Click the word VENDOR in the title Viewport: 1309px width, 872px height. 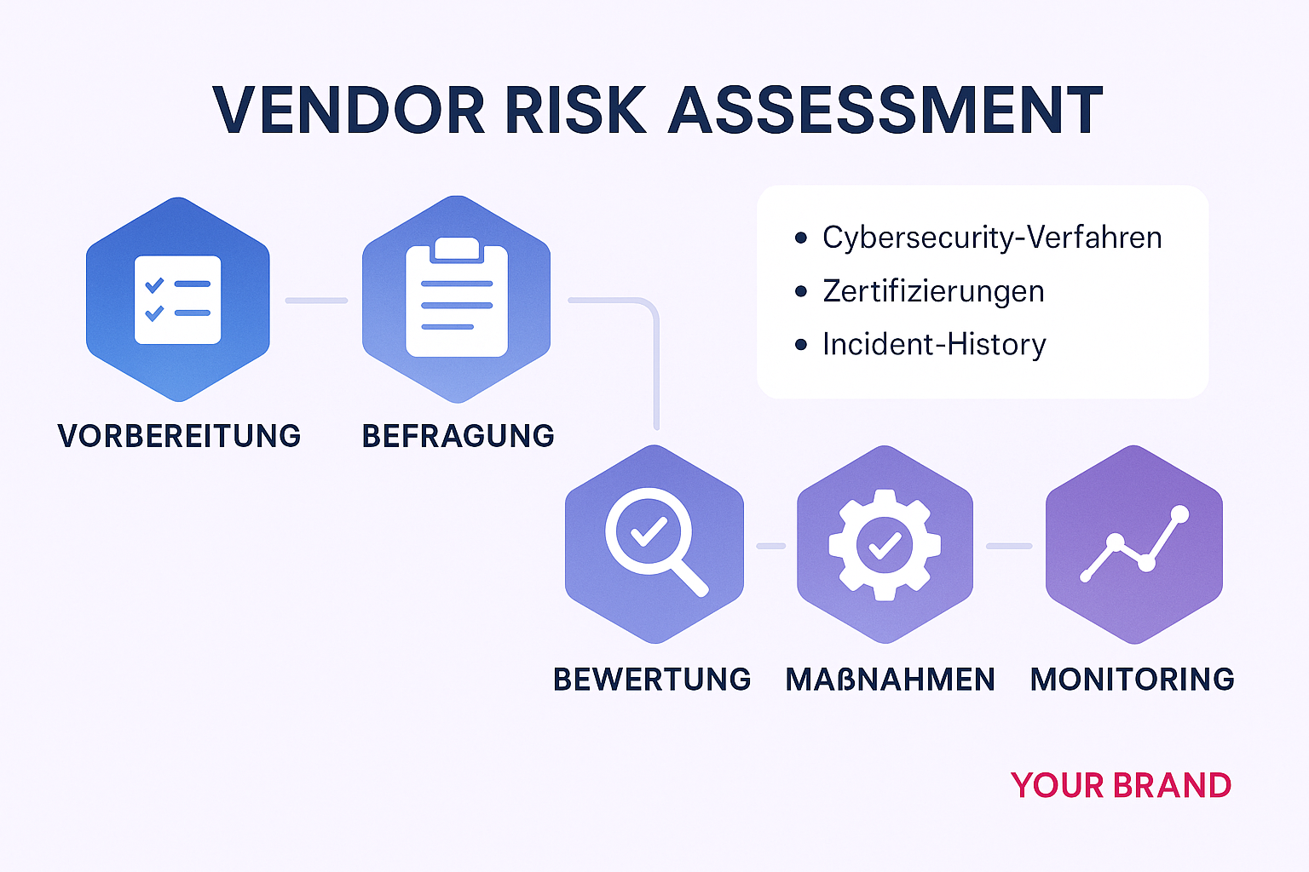348,111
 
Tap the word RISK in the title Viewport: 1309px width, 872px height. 575,111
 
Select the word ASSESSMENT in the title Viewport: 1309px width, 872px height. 885,111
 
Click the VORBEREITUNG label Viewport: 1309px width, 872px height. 179,436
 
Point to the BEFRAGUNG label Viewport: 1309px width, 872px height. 458,436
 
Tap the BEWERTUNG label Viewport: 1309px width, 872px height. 652,680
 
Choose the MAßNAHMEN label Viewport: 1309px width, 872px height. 890,680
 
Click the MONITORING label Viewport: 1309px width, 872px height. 1132,680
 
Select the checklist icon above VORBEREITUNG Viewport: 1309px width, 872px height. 177,300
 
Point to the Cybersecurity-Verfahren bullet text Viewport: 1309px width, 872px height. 991,238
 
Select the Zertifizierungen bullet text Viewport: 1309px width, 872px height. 933,291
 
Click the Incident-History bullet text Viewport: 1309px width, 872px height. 934,345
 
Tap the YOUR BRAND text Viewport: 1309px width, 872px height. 1121,785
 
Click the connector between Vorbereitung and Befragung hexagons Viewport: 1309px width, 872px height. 316,301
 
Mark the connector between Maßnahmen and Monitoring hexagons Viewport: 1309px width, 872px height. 1009,546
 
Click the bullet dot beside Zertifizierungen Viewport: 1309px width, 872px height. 800,291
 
